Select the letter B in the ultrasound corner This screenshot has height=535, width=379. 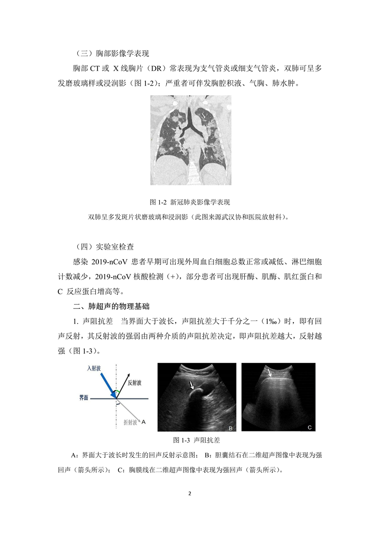pyautogui.click(x=230, y=428)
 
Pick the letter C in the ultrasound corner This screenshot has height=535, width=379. pyautogui.click(x=309, y=428)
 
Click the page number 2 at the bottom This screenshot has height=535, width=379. pyautogui.click(x=189, y=494)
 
